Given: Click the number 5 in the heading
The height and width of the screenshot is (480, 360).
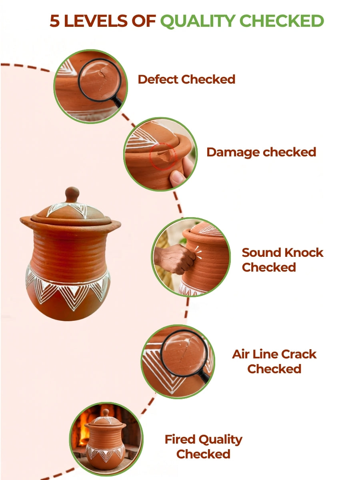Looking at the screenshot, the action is click(55, 21).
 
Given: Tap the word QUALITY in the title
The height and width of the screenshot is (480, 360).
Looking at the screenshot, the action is click(198, 22).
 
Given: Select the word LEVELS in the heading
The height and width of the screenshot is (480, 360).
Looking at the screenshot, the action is click(95, 21).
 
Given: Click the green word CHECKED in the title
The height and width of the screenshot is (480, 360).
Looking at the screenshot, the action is click(282, 21).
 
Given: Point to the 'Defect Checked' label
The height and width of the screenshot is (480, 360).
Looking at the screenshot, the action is click(186, 79).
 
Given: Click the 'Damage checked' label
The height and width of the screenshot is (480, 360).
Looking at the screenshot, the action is click(261, 152).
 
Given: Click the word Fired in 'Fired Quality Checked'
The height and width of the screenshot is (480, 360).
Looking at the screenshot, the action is click(180, 439).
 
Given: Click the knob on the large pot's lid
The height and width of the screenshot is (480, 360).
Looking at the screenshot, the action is click(72, 194).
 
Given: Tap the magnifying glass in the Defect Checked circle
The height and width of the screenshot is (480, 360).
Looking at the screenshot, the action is click(101, 82).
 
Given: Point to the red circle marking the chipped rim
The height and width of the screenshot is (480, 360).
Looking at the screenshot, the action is click(163, 156).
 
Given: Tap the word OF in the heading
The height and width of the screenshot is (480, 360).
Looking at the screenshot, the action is click(143, 21).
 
